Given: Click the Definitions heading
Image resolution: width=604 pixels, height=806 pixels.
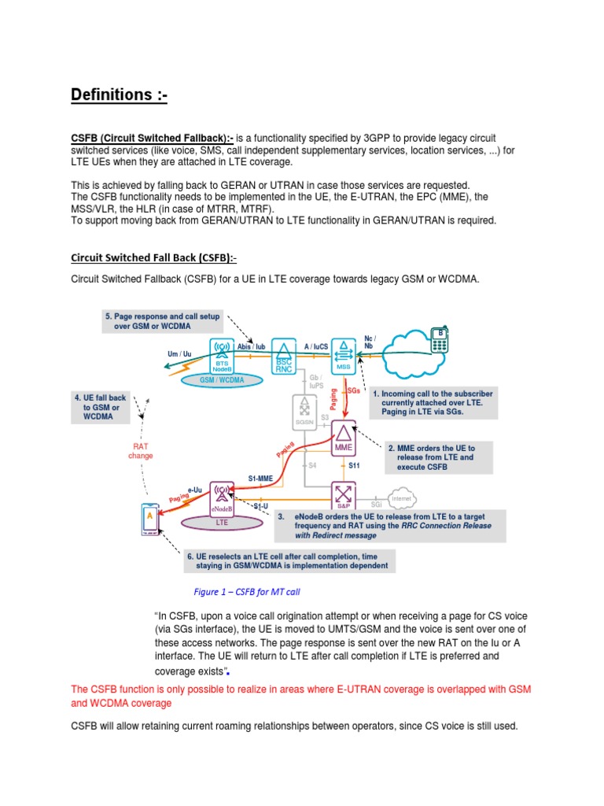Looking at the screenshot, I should click(119, 95).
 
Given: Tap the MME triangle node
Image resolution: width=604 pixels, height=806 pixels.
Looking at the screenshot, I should click(344, 438).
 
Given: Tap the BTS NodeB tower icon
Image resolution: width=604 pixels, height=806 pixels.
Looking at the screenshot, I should click(223, 357).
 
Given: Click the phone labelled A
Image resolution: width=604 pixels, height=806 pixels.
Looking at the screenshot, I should click(148, 518).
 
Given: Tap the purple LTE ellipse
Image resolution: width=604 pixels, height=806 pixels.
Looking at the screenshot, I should click(222, 521).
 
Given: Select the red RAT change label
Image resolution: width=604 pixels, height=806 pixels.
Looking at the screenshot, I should click(141, 450).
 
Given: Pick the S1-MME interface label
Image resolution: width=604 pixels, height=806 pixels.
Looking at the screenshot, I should click(260, 478).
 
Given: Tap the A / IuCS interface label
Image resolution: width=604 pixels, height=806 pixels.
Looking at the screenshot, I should click(316, 345).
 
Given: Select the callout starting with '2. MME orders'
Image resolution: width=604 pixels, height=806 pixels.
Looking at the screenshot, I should click(436, 457).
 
